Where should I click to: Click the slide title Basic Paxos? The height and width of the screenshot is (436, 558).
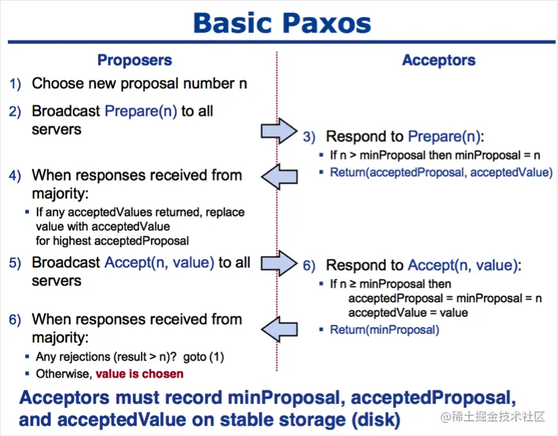click(281, 23)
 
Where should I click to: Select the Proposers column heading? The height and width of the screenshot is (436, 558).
click(134, 60)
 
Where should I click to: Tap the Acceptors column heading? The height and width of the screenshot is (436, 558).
click(438, 60)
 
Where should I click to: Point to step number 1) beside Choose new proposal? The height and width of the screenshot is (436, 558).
click(15, 84)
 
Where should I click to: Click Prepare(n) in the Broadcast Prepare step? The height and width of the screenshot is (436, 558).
click(140, 111)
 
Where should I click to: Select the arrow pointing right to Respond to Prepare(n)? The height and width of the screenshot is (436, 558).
click(278, 130)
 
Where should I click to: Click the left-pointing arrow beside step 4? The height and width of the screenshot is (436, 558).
click(279, 177)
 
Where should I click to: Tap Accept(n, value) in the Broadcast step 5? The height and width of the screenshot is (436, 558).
click(159, 263)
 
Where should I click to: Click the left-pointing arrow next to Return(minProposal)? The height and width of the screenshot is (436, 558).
click(279, 328)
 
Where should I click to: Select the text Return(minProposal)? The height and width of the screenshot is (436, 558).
click(384, 330)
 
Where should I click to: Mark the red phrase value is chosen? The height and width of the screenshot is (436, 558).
click(139, 374)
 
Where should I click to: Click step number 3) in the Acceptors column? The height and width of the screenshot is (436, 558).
click(309, 137)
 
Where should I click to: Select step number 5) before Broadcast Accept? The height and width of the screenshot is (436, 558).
click(15, 263)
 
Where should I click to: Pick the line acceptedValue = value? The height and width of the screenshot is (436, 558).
click(408, 312)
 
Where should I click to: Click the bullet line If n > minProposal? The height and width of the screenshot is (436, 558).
click(435, 155)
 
